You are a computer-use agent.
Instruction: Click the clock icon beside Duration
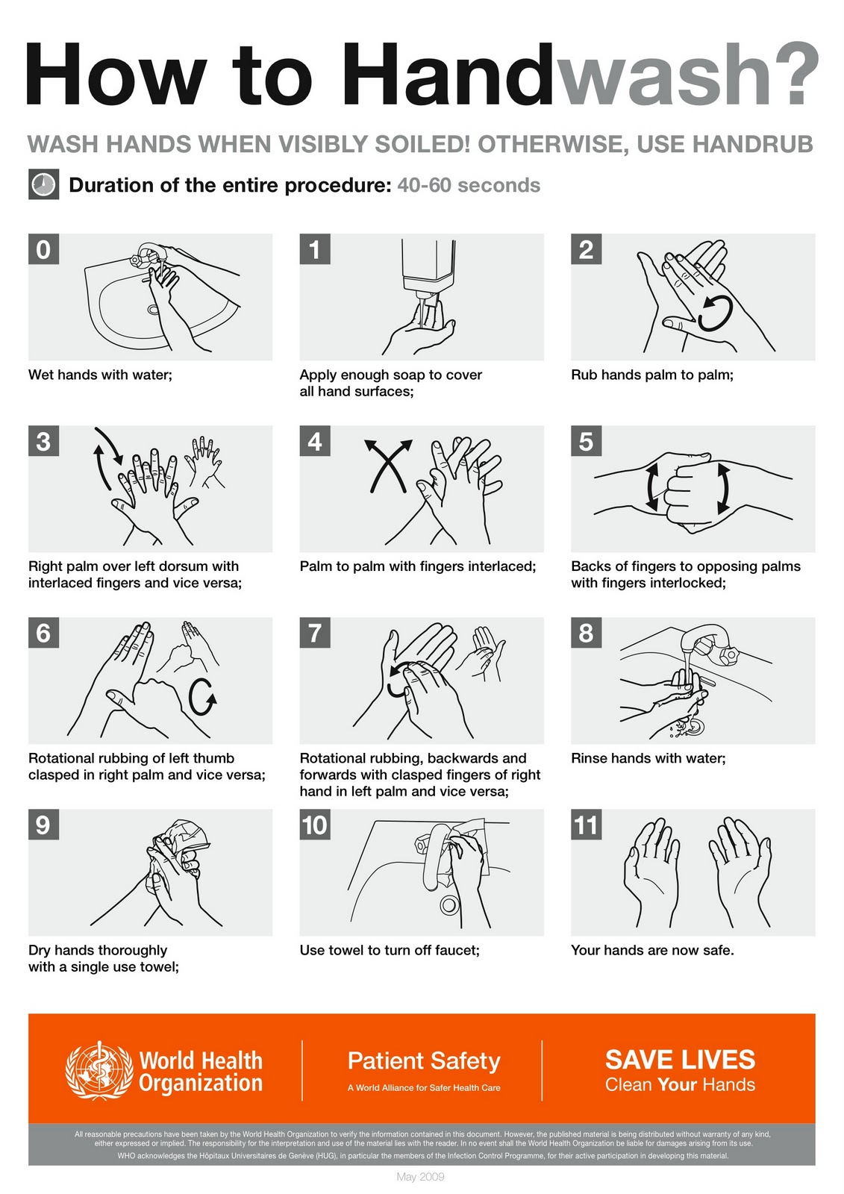44,184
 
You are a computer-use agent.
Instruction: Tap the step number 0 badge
44,249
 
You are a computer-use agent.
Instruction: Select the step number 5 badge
586,441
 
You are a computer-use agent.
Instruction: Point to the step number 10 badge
315,825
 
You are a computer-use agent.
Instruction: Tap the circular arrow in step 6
202,697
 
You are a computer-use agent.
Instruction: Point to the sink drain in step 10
449,904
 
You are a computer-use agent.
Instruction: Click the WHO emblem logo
99,1070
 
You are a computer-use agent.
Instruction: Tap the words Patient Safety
424,1060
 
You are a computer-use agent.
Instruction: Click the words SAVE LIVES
681,1060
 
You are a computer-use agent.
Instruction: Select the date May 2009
421,1176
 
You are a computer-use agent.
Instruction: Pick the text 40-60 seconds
469,186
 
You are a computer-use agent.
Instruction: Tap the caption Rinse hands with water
648,758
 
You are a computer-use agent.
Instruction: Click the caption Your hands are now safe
653,950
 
